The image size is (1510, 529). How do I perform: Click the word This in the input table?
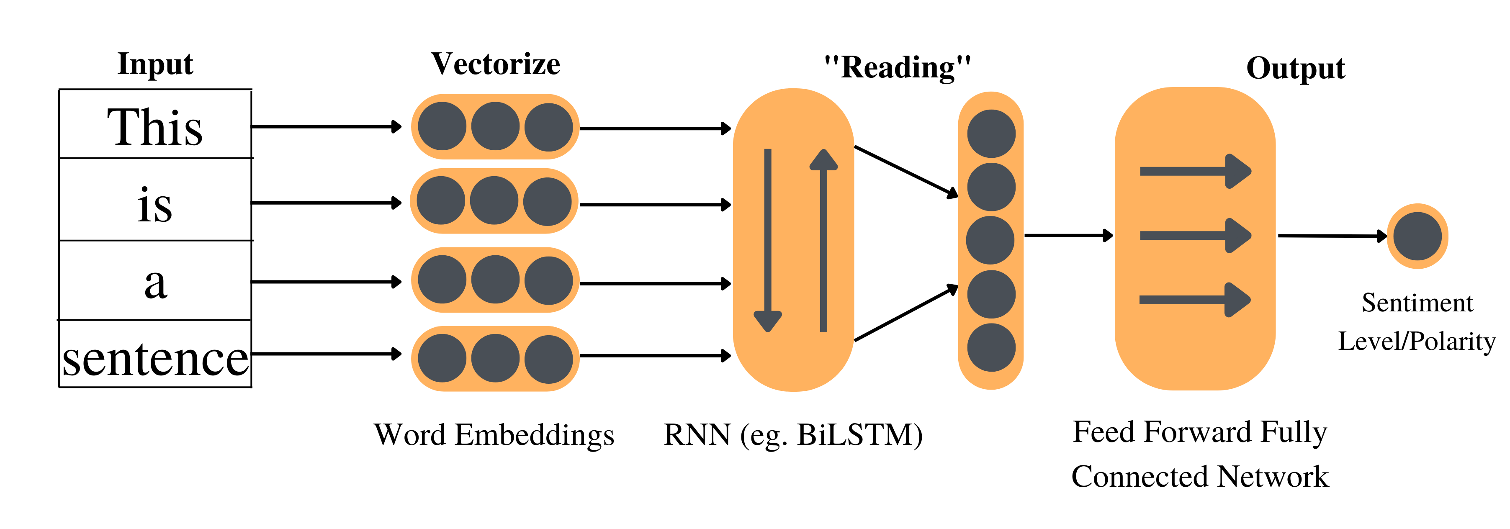(x=155, y=127)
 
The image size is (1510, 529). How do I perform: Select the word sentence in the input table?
(x=155, y=359)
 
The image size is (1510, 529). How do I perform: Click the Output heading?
(x=1296, y=69)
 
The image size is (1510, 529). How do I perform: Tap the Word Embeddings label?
(x=494, y=435)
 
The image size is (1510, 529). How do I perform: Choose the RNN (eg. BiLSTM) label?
(x=792, y=435)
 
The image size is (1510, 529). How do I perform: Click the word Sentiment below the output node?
(x=1417, y=303)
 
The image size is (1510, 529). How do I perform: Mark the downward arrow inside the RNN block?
(x=767, y=240)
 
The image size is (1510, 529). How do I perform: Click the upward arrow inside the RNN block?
(x=823, y=240)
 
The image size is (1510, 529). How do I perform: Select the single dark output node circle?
(x=1417, y=236)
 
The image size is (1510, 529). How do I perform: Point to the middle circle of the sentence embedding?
(x=495, y=358)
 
